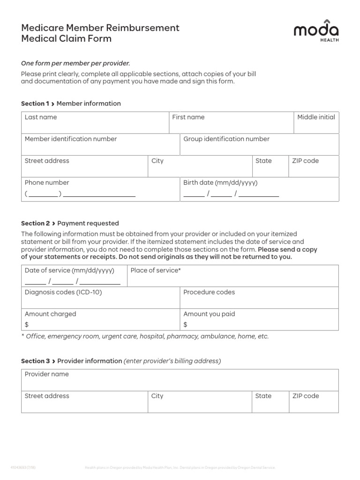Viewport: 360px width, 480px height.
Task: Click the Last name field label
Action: pyautogui.click(x=41, y=117)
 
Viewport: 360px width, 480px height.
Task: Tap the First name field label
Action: pyautogui.click(x=188, y=117)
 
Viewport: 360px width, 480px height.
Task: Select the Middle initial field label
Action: pyautogui.click(x=316, y=117)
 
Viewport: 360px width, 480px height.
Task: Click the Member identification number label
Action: pyautogui.click(x=71, y=139)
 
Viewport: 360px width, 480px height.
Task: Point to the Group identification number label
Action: pyautogui.click(x=226, y=139)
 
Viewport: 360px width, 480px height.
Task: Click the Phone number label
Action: pyautogui.click(x=47, y=182)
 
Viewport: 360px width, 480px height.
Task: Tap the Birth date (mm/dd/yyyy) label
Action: pyautogui.click(x=220, y=182)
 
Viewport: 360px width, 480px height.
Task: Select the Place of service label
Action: pyautogui.click(x=156, y=270)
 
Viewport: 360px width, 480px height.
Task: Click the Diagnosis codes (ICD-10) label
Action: pyautogui.click(x=63, y=292)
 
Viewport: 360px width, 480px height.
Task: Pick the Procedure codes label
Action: pyautogui.click(x=209, y=292)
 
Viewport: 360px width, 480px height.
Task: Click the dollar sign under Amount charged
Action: pyautogui.click(x=27, y=324)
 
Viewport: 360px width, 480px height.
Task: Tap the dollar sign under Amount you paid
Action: pyautogui.click(x=186, y=324)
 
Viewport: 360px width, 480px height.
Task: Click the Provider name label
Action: pyautogui.click(x=47, y=374)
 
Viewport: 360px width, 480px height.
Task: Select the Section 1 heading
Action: pyautogui.click(x=71, y=104)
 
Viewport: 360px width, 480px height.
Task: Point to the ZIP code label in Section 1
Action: pyautogui.click(x=305, y=161)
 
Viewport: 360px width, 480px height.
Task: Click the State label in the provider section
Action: pyautogui.click(x=263, y=396)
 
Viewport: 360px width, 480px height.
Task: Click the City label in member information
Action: pyautogui.click(x=157, y=161)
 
